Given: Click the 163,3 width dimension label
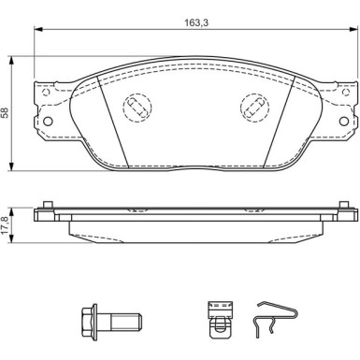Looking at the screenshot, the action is (196, 23).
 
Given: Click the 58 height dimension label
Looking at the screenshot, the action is (5, 112).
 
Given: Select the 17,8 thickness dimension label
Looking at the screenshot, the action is (6, 225).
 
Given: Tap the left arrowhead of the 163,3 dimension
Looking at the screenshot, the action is (38, 29).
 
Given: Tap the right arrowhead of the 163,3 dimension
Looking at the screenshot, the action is (353, 29).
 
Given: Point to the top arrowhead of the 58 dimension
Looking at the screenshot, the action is (12, 60).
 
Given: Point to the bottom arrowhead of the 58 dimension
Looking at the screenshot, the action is (12, 166).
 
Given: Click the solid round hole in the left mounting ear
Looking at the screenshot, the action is (48, 122).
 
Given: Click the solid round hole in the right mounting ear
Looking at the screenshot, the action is (344, 122).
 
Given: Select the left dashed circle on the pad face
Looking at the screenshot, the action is (137, 107).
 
